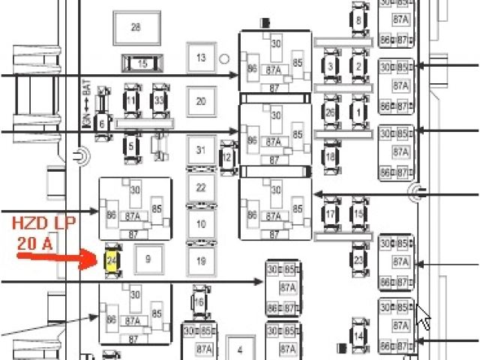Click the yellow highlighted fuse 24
(111, 259)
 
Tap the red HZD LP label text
(43, 224)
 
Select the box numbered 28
(136, 28)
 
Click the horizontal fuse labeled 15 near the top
(142, 63)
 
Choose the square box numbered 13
(201, 58)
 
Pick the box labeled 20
(201, 101)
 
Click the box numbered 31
(200, 150)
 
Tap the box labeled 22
(200, 187)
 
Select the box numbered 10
(200, 223)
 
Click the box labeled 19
(200, 261)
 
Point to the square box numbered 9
(148, 259)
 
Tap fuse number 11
(131, 100)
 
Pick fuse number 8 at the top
(358, 20)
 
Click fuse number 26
(330, 112)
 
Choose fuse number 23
(358, 261)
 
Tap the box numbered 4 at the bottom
(240, 350)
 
